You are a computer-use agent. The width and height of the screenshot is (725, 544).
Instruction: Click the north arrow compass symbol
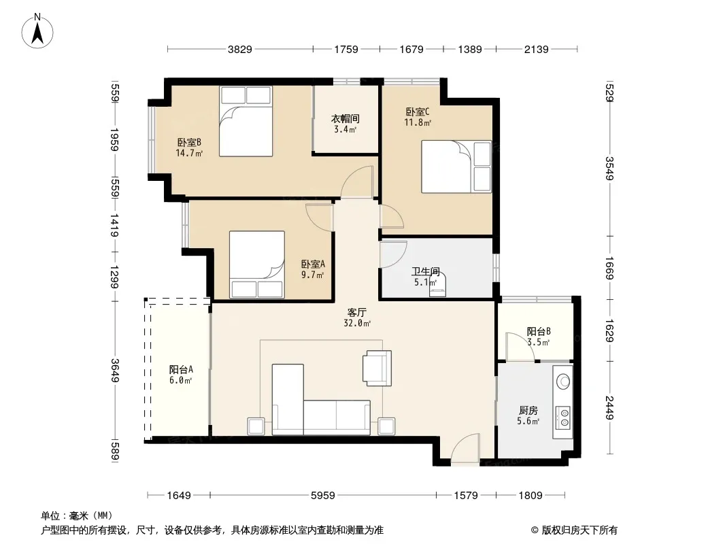(x=37, y=31)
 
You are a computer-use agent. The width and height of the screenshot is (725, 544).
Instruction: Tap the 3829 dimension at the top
(x=239, y=49)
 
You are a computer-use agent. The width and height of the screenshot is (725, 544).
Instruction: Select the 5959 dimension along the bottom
(x=323, y=496)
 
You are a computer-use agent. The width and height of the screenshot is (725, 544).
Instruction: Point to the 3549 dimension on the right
(x=609, y=169)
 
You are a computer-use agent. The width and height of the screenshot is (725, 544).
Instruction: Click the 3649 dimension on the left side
(x=115, y=371)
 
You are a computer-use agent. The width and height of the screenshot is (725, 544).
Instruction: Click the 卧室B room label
(x=189, y=142)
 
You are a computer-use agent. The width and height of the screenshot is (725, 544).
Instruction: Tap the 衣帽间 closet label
(x=345, y=119)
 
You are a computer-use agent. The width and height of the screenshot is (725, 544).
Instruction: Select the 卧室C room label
(x=418, y=112)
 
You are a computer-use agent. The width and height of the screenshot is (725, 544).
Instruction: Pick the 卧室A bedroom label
(x=313, y=264)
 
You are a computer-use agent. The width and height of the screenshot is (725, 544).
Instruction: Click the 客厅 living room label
(x=357, y=312)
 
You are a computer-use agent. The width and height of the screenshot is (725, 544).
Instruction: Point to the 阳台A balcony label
(x=181, y=369)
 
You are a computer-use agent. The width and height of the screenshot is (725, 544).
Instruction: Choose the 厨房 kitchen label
(x=528, y=410)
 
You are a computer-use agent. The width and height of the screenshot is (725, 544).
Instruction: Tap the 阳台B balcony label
(x=539, y=331)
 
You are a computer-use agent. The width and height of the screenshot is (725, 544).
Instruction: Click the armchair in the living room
(x=377, y=368)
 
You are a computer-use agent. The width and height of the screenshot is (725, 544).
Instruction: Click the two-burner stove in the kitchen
(x=564, y=416)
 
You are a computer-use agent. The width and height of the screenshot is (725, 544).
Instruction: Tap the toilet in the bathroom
(x=437, y=286)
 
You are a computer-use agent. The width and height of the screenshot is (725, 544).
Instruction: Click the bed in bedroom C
(x=456, y=167)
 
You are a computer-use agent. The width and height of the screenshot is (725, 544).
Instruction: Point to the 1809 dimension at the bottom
(x=530, y=496)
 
